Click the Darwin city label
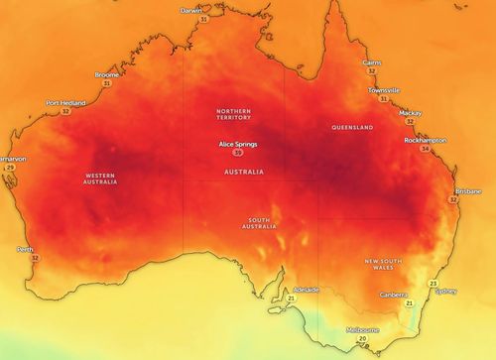pos(191,10)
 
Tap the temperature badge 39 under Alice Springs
pos(236,154)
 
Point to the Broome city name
pos(107,74)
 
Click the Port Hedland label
pos(65,102)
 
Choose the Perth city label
pos(25,249)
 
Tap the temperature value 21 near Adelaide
pos(292,299)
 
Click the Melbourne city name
pos(362,329)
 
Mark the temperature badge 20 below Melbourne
pos(362,339)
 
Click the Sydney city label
pos(446,292)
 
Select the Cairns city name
pos(372,61)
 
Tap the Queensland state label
pos(353,128)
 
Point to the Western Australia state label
pos(101,180)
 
